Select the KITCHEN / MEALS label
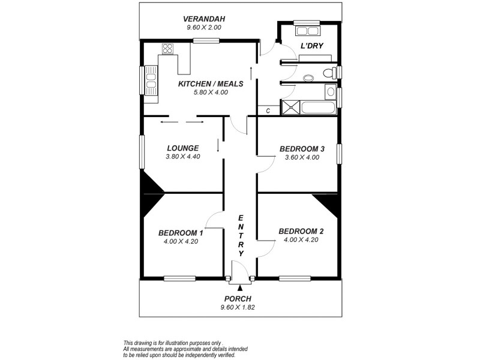[x=211, y=84]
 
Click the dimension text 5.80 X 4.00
[x=211, y=92]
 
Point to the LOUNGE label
[x=183, y=148]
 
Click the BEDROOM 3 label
[x=302, y=149]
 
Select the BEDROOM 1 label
[x=181, y=233]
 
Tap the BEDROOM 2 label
[x=302, y=231]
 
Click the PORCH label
[x=238, y=299]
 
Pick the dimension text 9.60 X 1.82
[x=238, y=307]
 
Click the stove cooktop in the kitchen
[x=167, y=49]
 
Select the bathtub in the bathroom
[x=319, y=109]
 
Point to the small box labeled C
[x=268, y=110]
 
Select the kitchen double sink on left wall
[x=151, y=80]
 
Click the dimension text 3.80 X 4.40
[x=183, y=157]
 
